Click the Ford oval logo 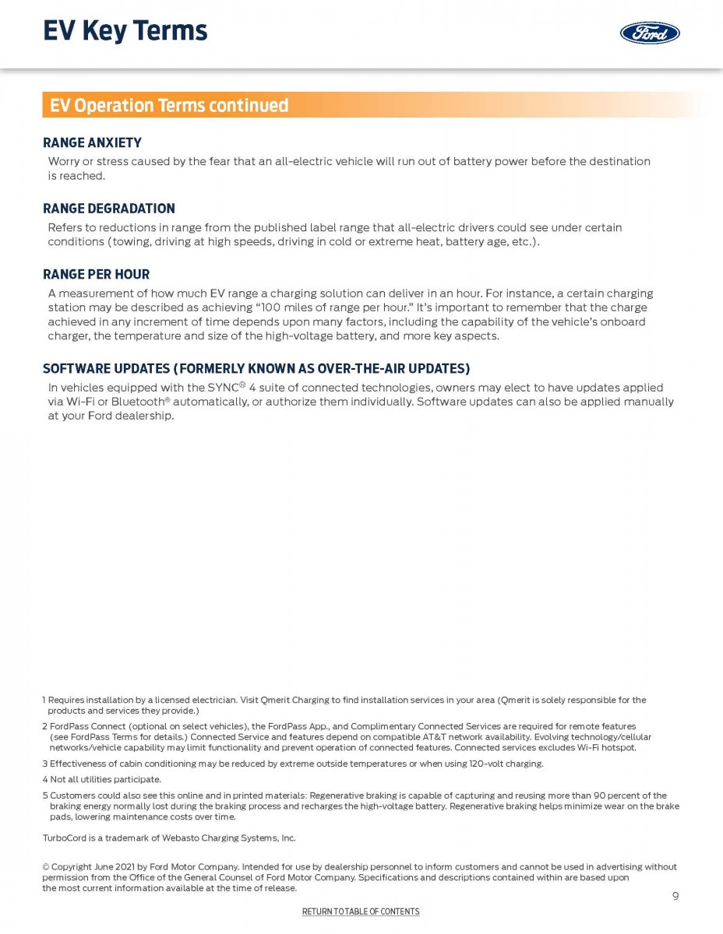(650, 33)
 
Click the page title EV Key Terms (125, 31)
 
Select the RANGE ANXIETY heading (92, 143)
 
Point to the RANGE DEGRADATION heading (108, 209)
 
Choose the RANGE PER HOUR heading (96, 275)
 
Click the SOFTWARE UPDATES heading (256, 368)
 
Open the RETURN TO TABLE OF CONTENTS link (361, 911)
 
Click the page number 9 (675, 896)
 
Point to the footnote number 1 (44, 700)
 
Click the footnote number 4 (44, 779)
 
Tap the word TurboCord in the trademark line (62, 838)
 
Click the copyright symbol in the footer (45, 867)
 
